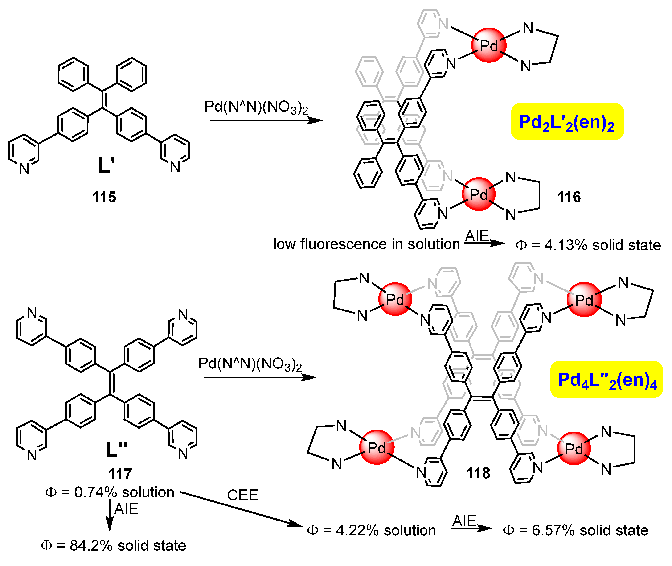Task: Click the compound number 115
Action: point(104,197)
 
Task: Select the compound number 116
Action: point(569,197)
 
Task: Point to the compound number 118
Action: point(478,473)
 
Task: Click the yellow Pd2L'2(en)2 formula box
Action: point(567,122)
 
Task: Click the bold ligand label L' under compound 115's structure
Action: point(106,165)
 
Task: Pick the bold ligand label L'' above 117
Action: point(116,449)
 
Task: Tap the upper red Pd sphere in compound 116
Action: point(489,45)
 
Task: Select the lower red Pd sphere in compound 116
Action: point(479,194)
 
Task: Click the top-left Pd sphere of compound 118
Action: point(395,299)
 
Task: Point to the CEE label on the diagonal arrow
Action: point(242,495)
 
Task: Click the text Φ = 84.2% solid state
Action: point(113,545)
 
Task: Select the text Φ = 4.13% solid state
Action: point(588,245)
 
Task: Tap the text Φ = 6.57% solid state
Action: point(575,530)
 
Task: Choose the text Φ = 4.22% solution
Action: point(371,530)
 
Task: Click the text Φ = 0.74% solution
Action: point(110,492)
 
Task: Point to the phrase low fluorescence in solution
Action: point(366,244)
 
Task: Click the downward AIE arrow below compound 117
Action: point(110,516)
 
